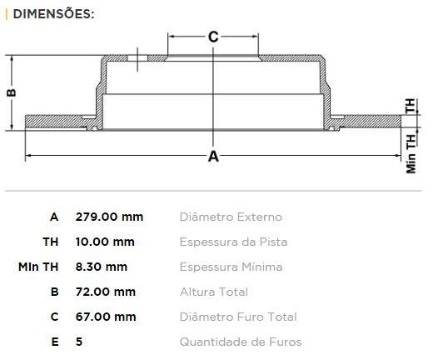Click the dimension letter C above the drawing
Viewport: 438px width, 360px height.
tap(212, 36)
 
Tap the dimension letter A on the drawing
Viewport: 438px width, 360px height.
tap(213, 156)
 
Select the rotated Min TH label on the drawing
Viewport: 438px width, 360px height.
tap(411, 154)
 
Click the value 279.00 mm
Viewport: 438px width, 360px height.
tap(109, 217)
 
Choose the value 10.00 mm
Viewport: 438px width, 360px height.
tap(105, 242)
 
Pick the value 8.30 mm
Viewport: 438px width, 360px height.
tap(102, 267)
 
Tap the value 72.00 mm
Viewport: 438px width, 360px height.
tap(106, 292)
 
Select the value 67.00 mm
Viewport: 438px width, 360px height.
tap(106, 317)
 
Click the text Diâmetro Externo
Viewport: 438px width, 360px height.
tap(231, 217)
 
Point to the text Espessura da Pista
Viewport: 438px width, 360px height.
tap(233, 242)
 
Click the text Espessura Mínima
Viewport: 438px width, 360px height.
tap(231, 267)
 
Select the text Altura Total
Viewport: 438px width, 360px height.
tap(213, 292)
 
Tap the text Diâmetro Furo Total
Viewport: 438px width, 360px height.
tap(237, 317)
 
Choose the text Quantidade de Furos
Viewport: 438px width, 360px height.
tap(241, 342)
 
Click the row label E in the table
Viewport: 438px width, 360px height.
tap(54, 342)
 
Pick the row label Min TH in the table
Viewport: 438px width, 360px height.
tap(38, 267)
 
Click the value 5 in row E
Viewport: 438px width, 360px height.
tap(79, 342)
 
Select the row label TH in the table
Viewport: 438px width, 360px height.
tap(51, 242)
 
